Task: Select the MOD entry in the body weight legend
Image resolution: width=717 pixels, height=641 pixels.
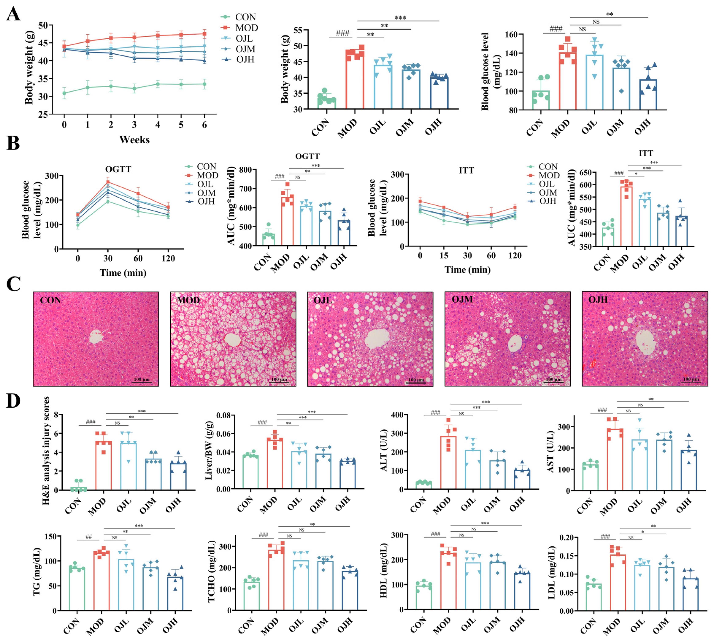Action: [x=246, y=28]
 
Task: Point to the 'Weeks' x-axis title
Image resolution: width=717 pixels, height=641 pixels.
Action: [x=134, y=140]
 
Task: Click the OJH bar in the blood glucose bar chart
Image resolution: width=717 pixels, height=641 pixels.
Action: [x=648, y=94]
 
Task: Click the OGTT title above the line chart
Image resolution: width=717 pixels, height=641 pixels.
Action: [x=118, y=169]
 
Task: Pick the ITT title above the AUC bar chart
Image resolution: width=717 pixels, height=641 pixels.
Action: [x=646, y=153]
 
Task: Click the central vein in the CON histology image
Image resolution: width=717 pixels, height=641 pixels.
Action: [x=96, y=337]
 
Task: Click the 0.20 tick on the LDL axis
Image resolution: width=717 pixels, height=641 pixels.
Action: [x=567, y=537]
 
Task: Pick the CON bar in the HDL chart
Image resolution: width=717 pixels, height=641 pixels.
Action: [x=424, y=597]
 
